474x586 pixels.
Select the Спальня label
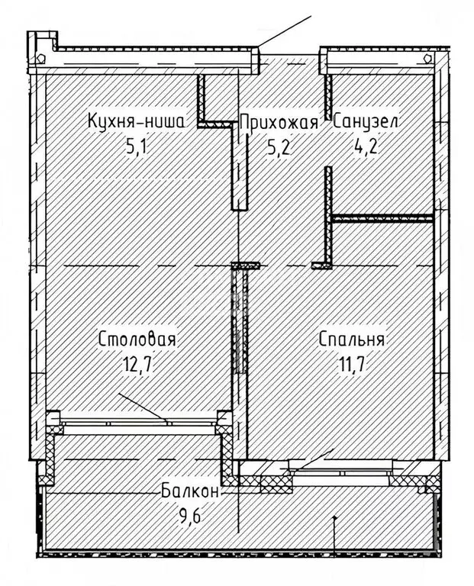click(x=352, y=340)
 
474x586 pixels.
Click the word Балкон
click(x=191, y=491)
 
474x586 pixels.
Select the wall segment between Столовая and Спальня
click(x=240, y=320)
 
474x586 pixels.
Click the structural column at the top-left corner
click(x=42, y=50)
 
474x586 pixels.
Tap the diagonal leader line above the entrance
click(x=285, y=31)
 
